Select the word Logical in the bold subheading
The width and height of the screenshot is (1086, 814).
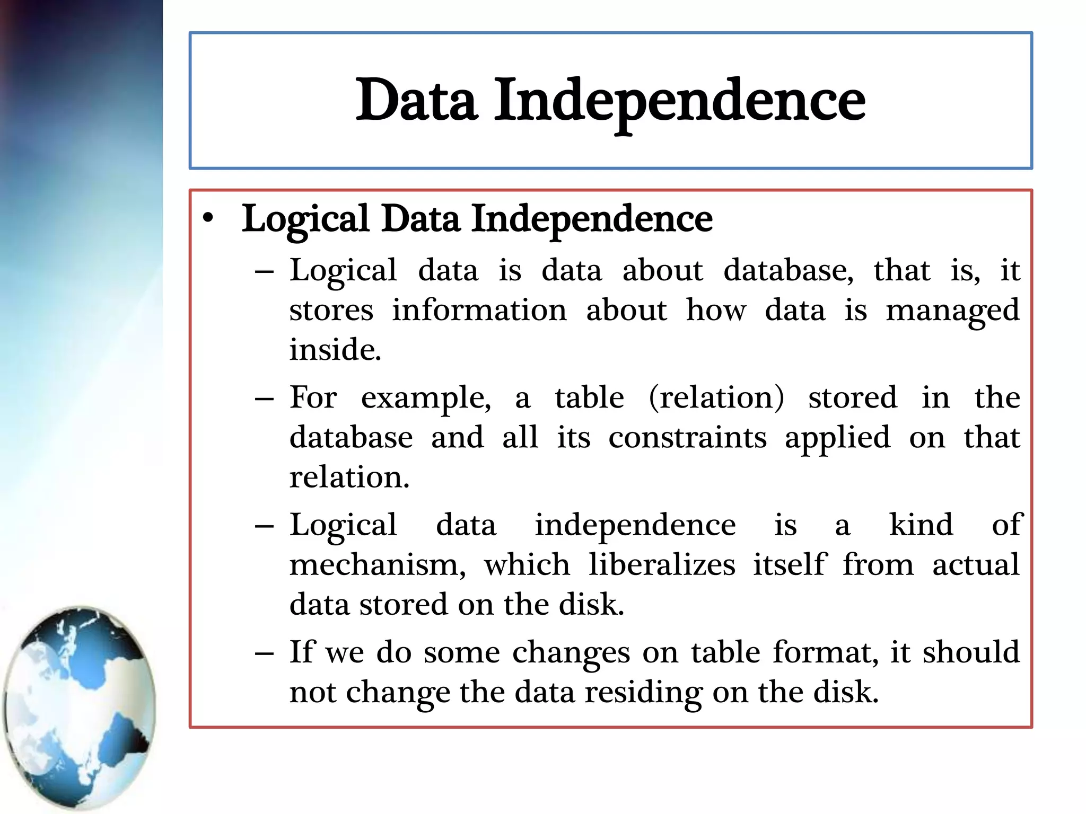pyautogui.click(x=305, y=219)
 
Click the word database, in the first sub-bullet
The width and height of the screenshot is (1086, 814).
pyautogui.click(x=789, y=270)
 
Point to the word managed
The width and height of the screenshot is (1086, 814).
pyautogui.click(x=952, y=311)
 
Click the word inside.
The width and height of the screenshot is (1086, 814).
pyautogui.click(x=335, y=350)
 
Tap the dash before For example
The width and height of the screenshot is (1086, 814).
pyautogui.click(x=264, y=399)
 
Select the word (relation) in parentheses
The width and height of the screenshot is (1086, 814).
pyautogui.click(x=716, y=397)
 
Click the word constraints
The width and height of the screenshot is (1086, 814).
pyautogui.click(x=687, y=438)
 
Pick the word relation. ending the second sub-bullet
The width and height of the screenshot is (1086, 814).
pyautogui.click(x=349, y=477)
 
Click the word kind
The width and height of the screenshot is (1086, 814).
pyautogui.click(x=921, y=525)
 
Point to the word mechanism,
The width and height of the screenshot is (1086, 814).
pyautogui.click(x=378, y=564)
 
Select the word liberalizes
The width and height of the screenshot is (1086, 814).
pyautogui.click(x=662, y=564)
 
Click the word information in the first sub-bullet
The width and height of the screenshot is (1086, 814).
pyautogui.click(x=479, y=310)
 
